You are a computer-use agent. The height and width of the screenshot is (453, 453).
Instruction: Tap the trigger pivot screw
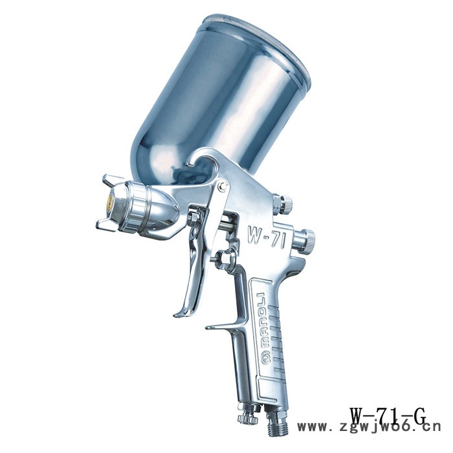click(x=223, y=186)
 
